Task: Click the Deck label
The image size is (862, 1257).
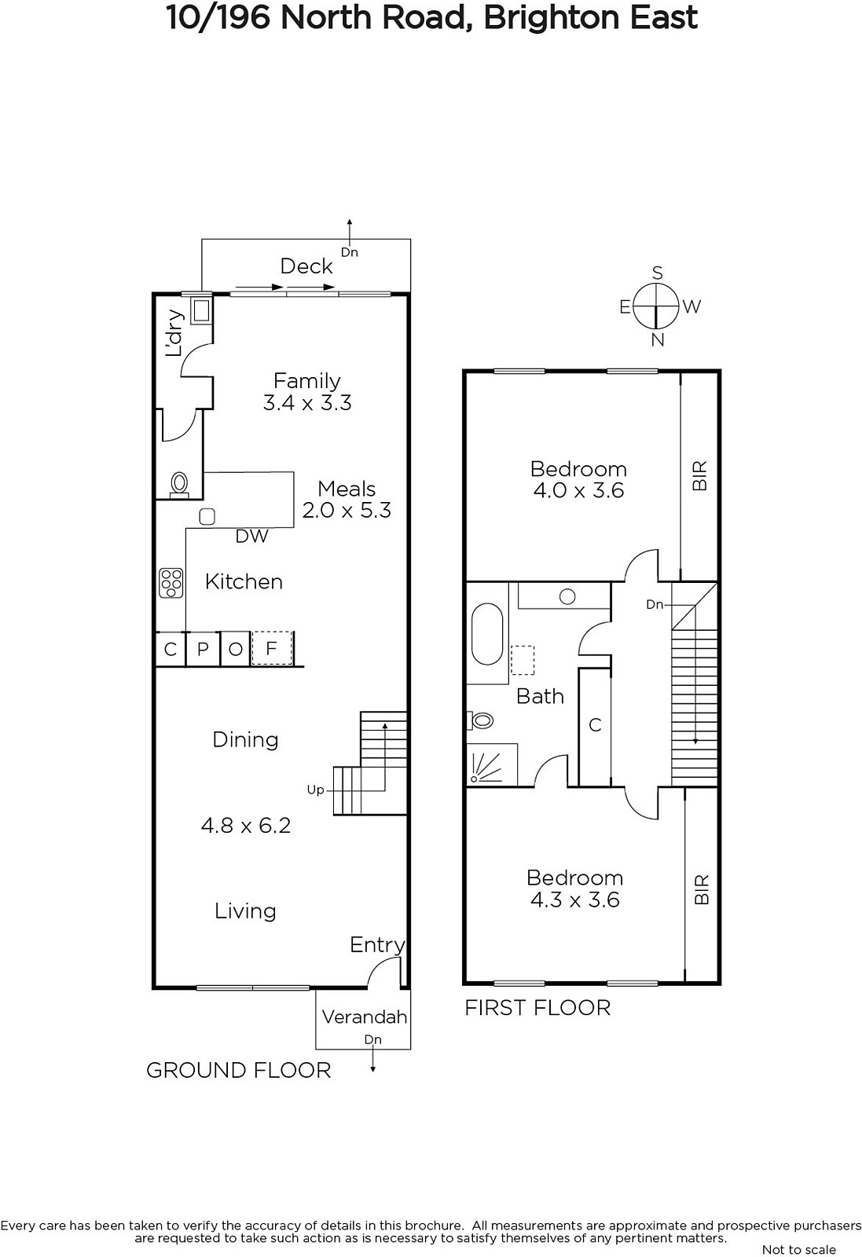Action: tap(306, 266)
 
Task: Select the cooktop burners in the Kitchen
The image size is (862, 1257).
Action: tap(171, 582)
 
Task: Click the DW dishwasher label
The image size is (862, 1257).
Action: tap(251, 537)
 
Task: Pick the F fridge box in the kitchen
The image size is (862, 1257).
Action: tap(272, 649)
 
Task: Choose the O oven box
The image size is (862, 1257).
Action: tap(236, 649)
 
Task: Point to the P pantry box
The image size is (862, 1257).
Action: tap(204, 649)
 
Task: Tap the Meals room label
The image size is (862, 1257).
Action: tap(347, 489)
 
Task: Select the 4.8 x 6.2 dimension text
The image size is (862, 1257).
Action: tap(246, 826)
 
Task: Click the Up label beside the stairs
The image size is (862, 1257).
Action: tap(315, 790)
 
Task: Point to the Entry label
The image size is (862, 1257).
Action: tap(377, 945)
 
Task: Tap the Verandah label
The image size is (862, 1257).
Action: tap(365, 1017)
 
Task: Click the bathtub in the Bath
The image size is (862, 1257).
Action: tap(487, 634)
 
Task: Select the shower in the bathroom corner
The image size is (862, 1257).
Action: tap(492, 764)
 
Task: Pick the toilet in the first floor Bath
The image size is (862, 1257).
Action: tap(480, 720)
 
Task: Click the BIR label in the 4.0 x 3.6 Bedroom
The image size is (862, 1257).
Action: tap(699, 476)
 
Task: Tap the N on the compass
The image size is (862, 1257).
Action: tap(658, 340)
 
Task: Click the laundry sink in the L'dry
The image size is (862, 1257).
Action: tap(201, 310)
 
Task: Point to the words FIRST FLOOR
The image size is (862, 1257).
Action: tap(537, 1009)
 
